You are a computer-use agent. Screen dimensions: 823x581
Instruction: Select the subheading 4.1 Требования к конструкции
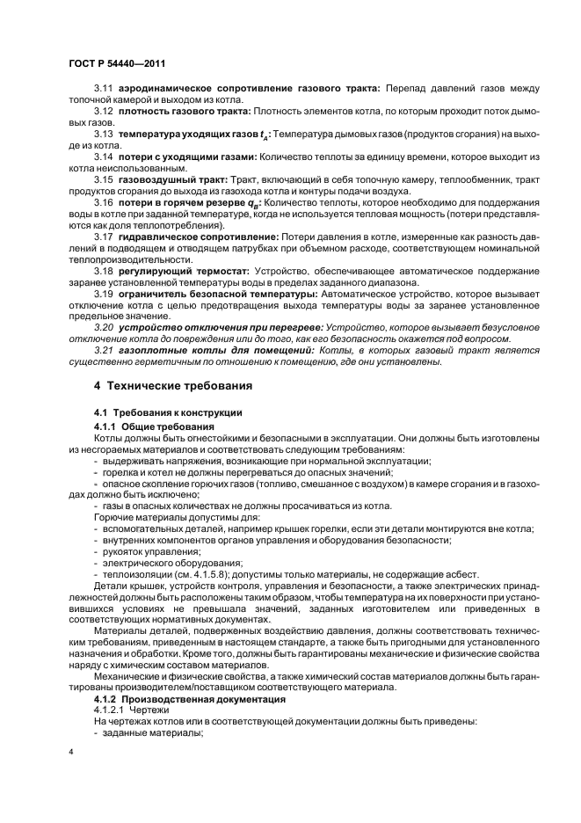click(x=168, y=411)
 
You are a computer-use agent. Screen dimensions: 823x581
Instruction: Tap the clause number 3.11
click(x=104, y=88)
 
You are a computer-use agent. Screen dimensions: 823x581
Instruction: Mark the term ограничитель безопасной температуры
click(x=219, y=293)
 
